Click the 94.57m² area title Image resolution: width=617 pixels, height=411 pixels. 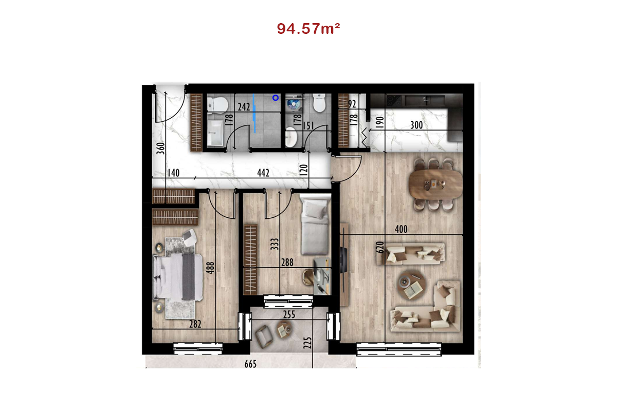pos(308,28)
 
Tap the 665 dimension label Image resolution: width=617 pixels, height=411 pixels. pos(250,364)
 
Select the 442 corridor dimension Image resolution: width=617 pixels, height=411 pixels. pos(263,173)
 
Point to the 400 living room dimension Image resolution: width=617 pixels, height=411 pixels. pos(401,229)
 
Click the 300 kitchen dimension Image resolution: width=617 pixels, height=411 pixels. pos(416,125)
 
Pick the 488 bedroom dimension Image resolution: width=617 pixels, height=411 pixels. pos(210,268)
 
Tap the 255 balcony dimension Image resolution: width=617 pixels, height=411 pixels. pos(289,314)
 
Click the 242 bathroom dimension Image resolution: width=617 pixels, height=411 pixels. pos(244,107)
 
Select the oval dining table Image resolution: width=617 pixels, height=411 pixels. pos(435,183)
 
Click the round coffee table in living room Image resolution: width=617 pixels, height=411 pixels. pos(411,285)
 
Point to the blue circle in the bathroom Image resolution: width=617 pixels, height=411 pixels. pos(276,98)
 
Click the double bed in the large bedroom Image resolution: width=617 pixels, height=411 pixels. pos(178,277)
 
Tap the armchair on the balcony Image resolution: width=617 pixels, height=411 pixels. pos(264,336)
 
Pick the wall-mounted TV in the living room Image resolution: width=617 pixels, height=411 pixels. pos(344,260)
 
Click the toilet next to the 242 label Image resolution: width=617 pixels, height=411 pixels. pos(217,105)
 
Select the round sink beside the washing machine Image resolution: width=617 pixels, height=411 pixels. pos(291,137)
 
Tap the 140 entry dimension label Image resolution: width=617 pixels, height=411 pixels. pos(174,173)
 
